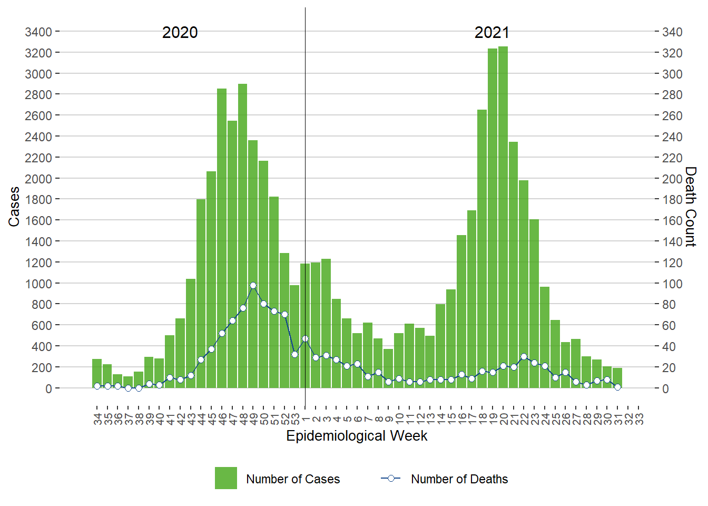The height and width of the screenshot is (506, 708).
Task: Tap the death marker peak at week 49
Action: (253, 285)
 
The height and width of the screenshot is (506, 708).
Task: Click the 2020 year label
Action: (180, 33)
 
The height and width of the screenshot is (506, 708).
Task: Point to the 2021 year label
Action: (491, 33)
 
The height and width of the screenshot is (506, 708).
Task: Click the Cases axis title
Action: (14, 207)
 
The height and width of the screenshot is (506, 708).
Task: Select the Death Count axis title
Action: (690, 207)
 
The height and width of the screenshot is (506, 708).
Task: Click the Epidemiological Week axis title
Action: (357, 436)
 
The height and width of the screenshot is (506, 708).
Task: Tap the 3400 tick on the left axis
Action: (38, 32)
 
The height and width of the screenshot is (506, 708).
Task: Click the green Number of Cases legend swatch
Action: (225, 478)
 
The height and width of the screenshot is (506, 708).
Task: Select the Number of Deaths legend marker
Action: (391, 479)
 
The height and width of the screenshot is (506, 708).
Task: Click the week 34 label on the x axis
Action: (97, 419)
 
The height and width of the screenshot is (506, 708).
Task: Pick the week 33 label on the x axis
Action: (639, 419)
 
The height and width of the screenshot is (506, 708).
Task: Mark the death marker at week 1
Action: (305, 339)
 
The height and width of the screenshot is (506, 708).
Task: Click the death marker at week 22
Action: (524, 357)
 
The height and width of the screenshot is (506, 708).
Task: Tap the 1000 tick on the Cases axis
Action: (38, 284)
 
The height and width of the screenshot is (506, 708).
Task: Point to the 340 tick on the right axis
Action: (672, 32)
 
